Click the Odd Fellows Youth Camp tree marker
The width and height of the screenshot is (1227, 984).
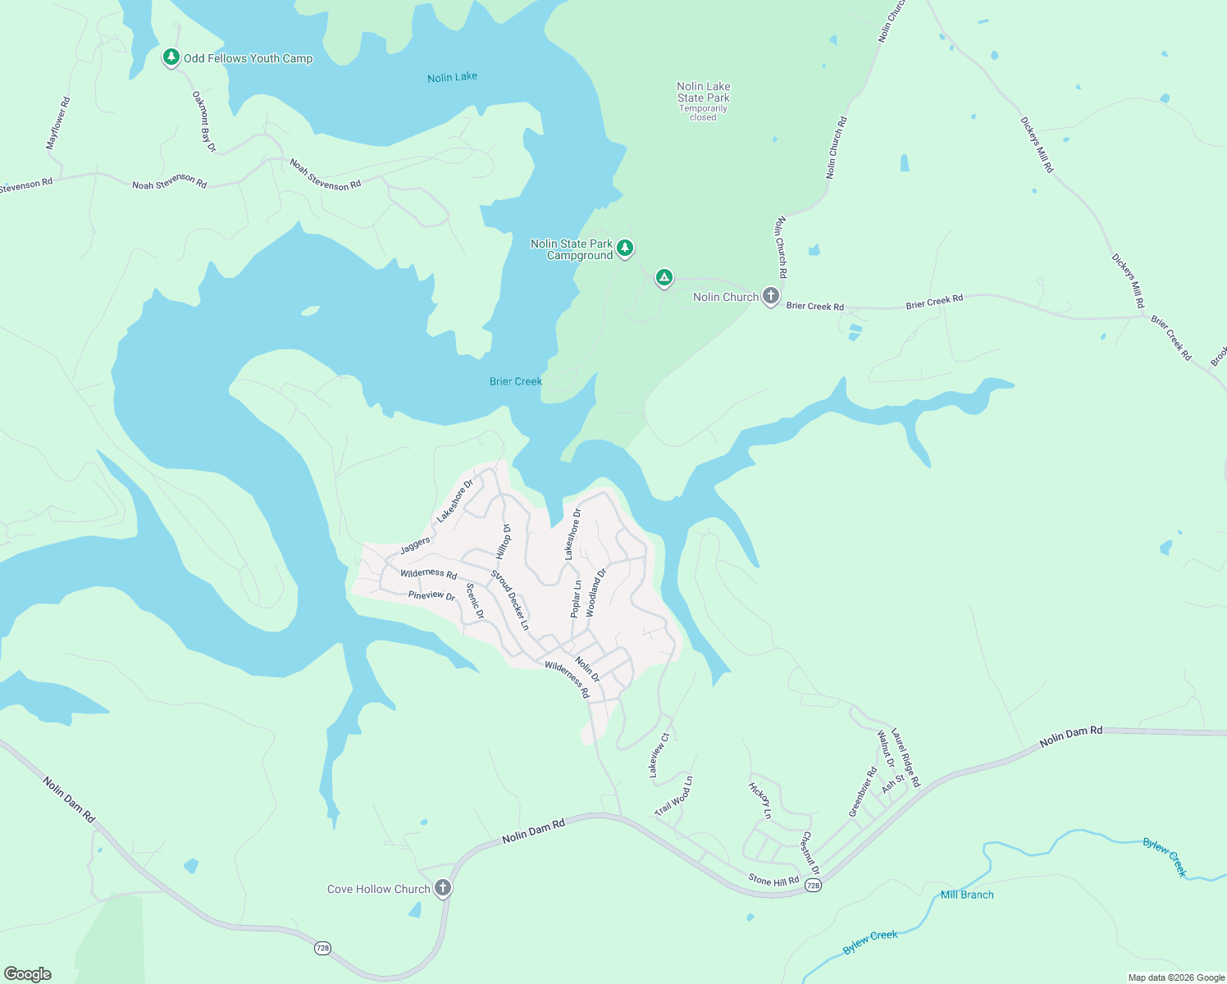pyautogui.click(x=171, y=57)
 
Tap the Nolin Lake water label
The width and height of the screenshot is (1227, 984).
pyautogui.click(x=452, y=77)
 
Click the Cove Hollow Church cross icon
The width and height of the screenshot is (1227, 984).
pyautogui.click(x=443, y=887)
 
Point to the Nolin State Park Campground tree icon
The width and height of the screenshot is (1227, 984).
pyautogui.click(x=625, y=247)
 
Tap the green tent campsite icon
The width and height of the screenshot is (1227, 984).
pyautogui.click(x=664, y=277)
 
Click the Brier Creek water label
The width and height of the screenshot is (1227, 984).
pyautogui.click(x=515, y=381)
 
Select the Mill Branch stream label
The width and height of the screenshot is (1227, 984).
pyautogui.click(x=967, y=895)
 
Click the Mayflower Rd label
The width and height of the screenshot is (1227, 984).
pyautogui.click(x=58, y=123)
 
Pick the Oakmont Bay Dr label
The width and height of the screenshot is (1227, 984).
pyautogui.click(x=203, y=121)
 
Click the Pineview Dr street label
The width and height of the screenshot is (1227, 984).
pyautogui.click(x=431, y=595)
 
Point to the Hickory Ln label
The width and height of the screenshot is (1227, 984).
pyautogui.click(x=759, y=800)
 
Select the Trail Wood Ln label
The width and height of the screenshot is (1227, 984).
pyautogui.click(x=673, y=796)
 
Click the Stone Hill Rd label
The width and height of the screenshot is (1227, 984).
pyautogui.click(x=773, y=881)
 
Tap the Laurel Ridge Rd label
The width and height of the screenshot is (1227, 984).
pyautogui.click(x=905, y=758)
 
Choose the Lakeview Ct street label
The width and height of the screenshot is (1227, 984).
pyautogui.click(x=659, y=755)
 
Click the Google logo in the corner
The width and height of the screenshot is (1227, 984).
pyautogui.click(x=27, y=974)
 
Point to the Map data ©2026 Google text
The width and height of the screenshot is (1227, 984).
pyautogui.click(x=1176, y=977)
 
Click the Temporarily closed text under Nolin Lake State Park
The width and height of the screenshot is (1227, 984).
pyautogui.click(x=703, y=113)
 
